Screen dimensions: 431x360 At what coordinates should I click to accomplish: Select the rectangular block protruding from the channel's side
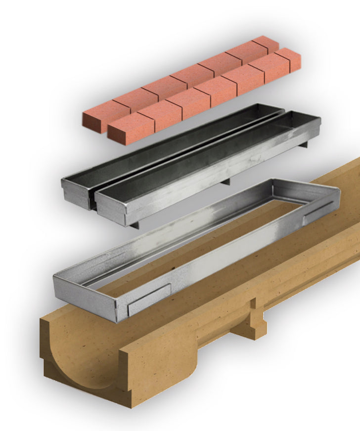(x=258, y=321)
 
